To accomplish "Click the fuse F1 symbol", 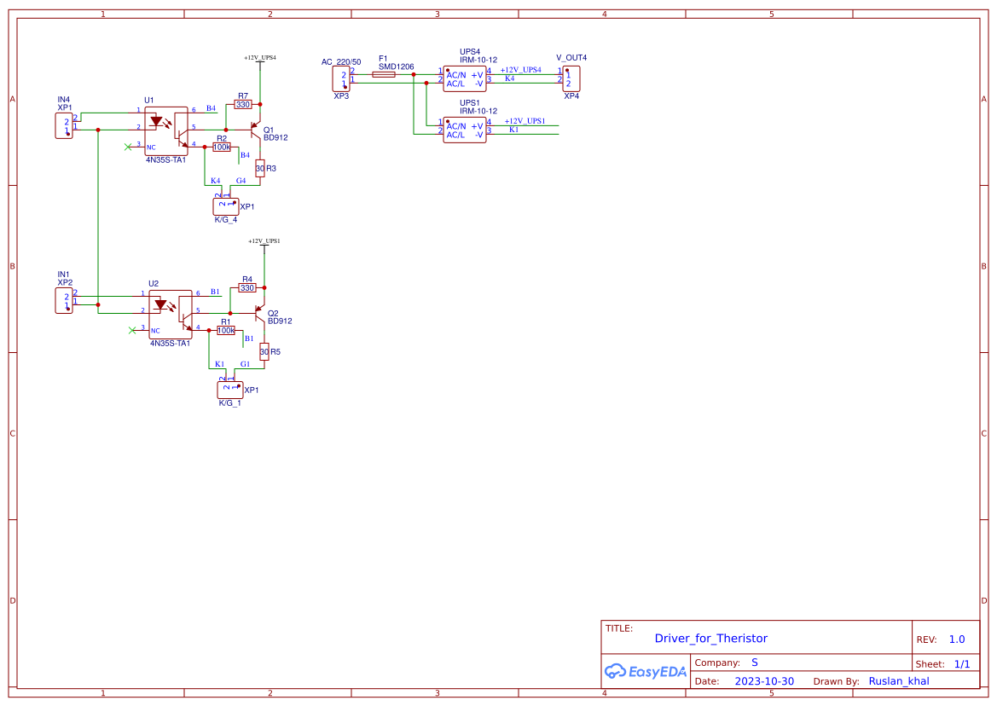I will point(384,74).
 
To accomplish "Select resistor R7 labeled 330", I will point(243,105).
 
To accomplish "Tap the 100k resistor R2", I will point(222,147).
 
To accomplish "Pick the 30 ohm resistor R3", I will point(260,169).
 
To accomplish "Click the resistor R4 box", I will point(247,288).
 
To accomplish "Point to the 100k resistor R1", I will point(226,330).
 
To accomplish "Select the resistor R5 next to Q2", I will point(264,351).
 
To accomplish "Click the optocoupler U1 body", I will point(165,130).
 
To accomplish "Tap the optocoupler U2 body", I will point(170,314).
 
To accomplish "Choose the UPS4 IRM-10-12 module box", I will point(464,78).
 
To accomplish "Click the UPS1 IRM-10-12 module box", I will point(464,130).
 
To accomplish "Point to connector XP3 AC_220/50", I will point(341,79).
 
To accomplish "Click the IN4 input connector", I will point(64,126).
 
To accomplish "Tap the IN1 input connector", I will point(64,300).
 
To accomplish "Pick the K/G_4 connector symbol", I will point(225,206).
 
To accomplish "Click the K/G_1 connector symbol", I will point(229,390).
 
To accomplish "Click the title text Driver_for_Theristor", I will point(710,638).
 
